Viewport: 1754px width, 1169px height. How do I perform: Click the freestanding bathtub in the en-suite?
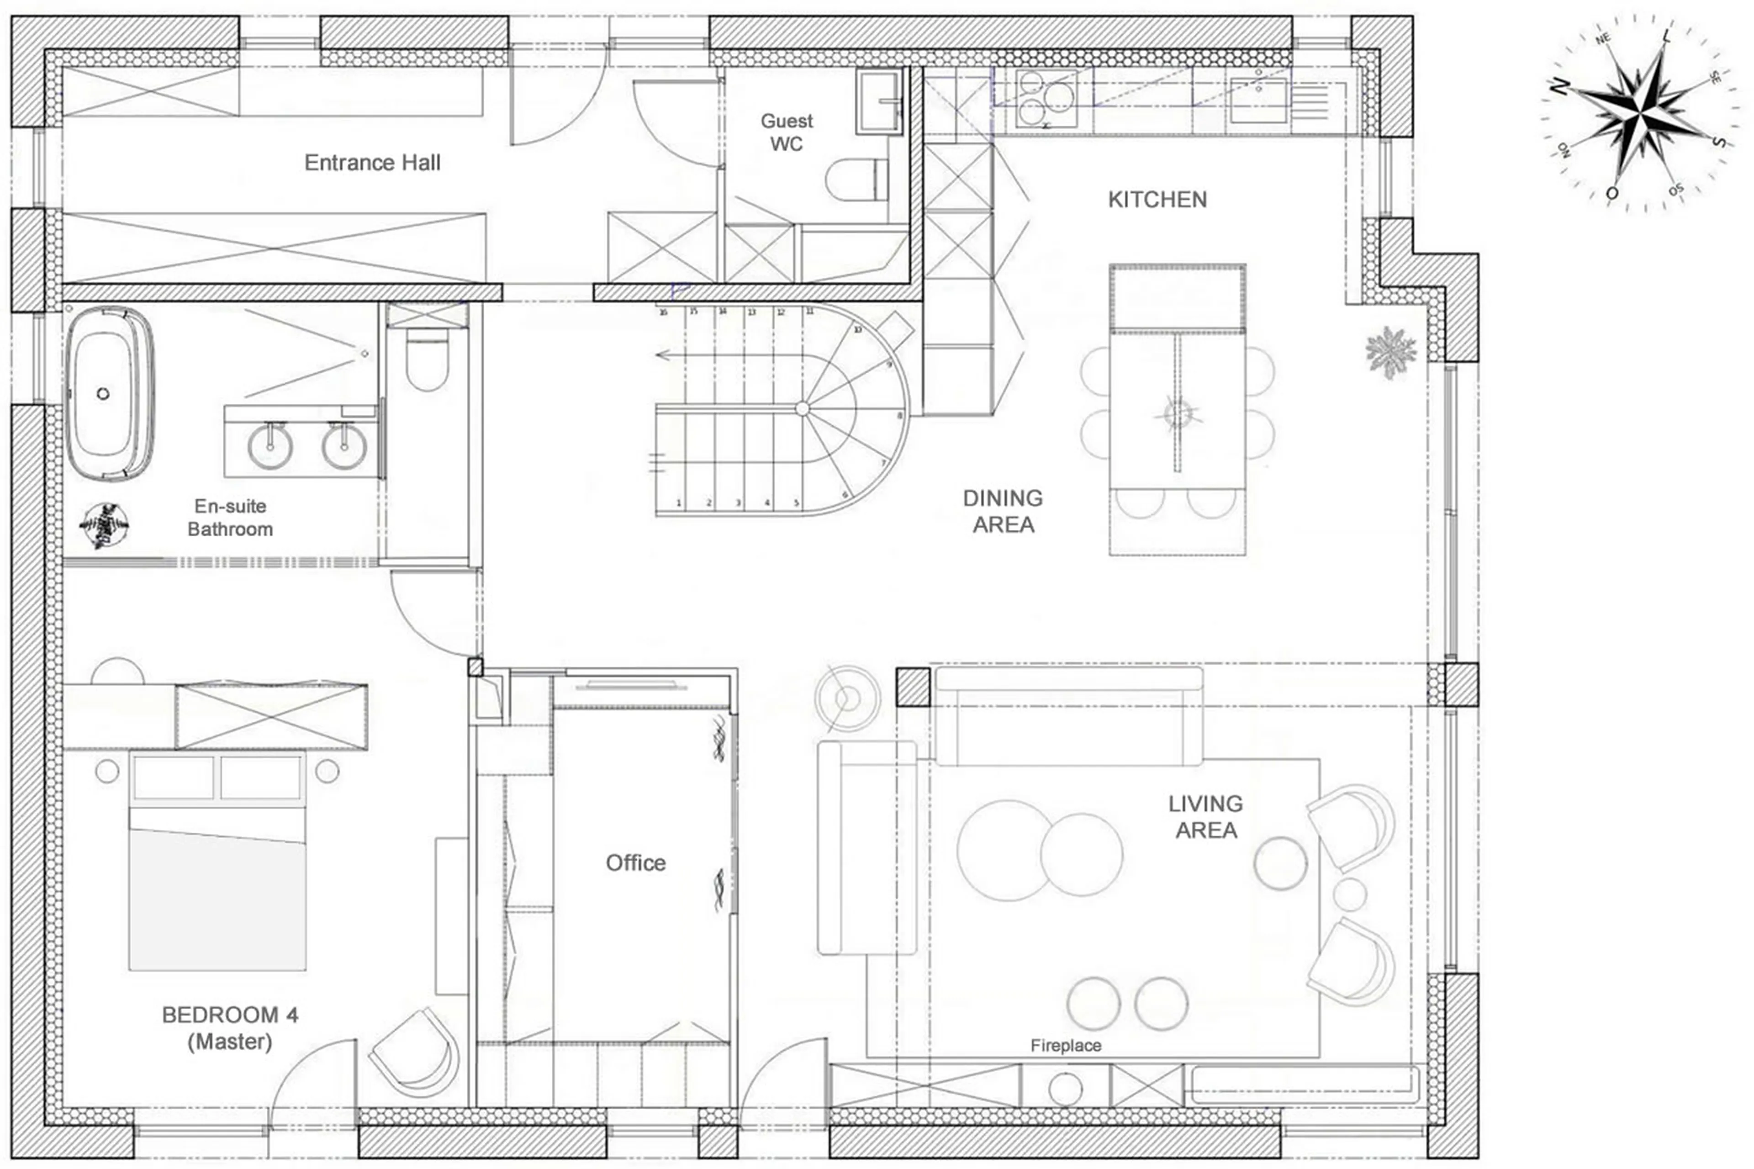coord(110,394)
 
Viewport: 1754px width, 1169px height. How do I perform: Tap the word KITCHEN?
coord(1157,200)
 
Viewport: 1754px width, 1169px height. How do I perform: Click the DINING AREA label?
coord(1003,512)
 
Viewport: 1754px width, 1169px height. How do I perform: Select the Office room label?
coord(635,863)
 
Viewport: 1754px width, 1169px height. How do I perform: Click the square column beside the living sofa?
coord(913,687)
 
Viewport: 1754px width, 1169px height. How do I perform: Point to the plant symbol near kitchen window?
coord(1389,350)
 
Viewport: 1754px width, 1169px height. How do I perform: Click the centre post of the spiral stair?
coord(802,408)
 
